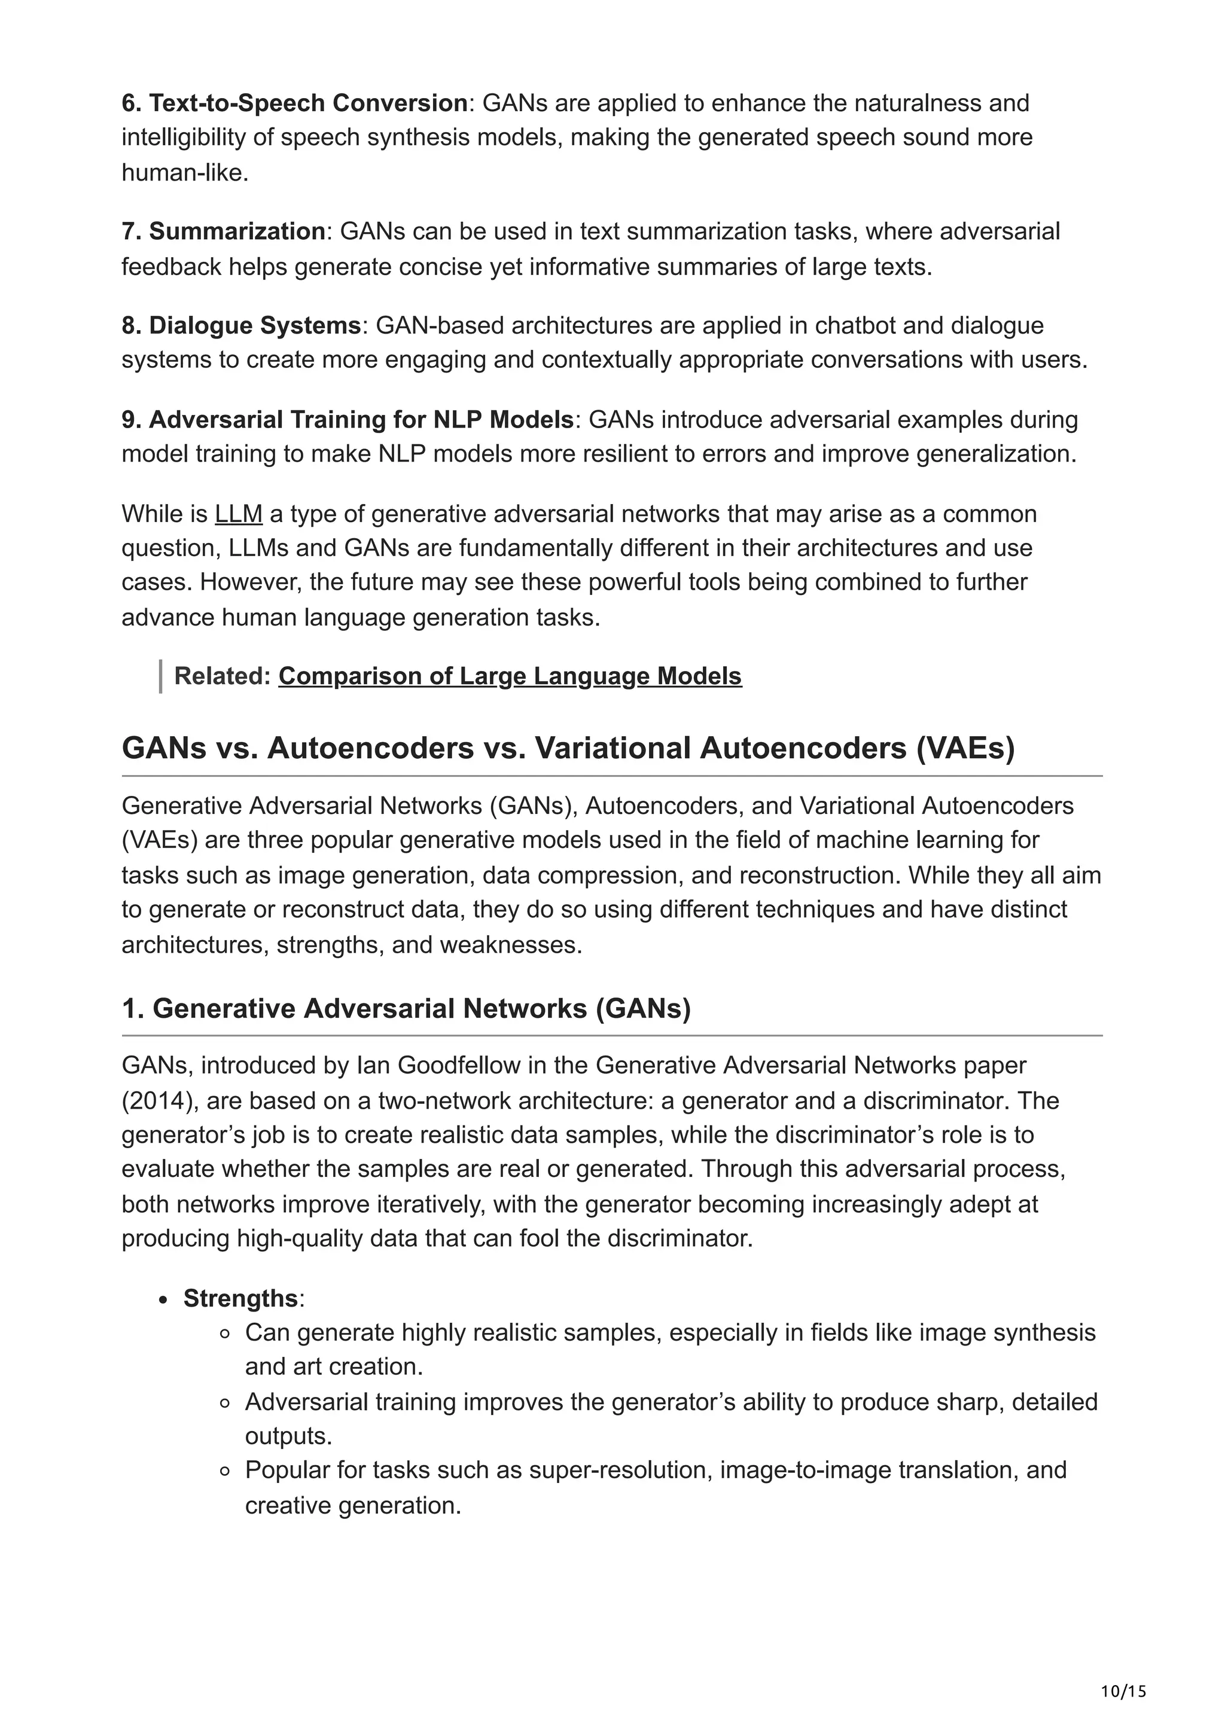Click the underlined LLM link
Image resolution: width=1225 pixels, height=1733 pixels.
239,514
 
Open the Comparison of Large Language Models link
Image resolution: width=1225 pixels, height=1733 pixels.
510,676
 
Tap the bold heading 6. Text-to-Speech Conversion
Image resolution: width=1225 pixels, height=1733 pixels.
294,103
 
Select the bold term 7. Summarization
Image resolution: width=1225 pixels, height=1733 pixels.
224,231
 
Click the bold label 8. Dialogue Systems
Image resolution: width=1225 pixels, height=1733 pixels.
241,325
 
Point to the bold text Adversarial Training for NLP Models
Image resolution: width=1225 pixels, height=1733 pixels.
361,420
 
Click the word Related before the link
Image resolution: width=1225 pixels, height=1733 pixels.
221,676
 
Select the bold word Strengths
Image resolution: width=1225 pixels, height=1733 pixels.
240,1298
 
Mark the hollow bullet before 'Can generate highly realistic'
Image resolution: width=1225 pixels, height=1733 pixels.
224,1334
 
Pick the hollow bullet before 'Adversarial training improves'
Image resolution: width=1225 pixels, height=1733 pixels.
224,1403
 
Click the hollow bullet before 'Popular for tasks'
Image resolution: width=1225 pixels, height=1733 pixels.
224,1471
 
